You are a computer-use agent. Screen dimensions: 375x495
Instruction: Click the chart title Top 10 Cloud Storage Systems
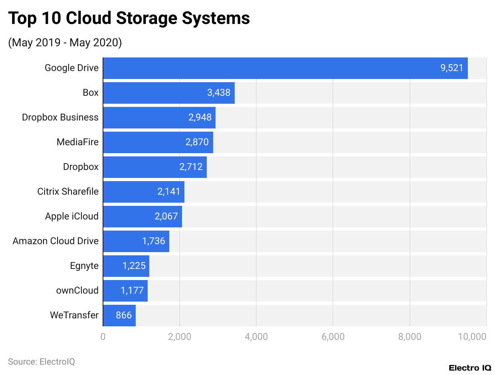point(129,18)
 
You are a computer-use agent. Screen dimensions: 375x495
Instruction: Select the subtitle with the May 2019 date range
point(65,42)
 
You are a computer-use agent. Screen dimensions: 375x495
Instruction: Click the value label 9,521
point(451,68)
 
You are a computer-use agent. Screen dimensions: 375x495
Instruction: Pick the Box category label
point(91,93)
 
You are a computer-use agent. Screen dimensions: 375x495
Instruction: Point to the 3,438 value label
point(219,93)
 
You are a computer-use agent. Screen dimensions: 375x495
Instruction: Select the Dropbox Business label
point(60,117)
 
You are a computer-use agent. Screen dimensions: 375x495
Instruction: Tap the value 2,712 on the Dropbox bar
point(191,167)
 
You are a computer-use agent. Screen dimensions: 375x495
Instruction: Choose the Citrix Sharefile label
point(68,191)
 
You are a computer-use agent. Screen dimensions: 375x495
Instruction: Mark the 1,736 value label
point(154,241)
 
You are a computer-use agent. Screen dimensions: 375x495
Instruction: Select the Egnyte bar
point(126,266)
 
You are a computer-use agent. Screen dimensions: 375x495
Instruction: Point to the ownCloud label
point(77,290)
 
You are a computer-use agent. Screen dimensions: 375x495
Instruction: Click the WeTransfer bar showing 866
point(119,315)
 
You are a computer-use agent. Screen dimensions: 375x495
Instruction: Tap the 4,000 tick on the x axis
point(256,337)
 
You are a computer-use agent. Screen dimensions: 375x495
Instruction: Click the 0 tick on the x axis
point(103,337)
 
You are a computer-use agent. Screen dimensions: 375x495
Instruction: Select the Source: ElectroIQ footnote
point(42,362)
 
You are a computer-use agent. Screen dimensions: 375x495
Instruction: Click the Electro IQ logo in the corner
point(470,367)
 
